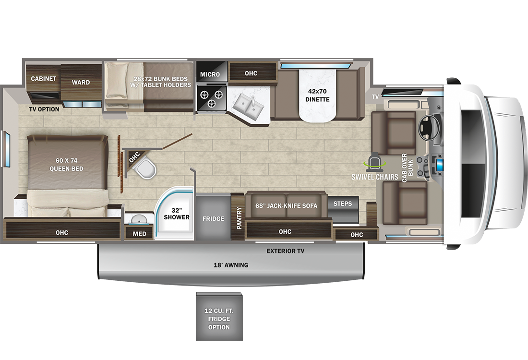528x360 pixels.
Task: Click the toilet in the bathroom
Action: point(144,168)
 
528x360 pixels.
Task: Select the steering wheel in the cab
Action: point(428,126)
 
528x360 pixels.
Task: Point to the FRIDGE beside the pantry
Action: point(213,218)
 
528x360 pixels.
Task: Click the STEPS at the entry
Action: point(343,204)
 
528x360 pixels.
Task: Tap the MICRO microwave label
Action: point(210,74)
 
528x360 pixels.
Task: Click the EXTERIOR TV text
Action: point(286,251)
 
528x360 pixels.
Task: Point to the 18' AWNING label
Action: point(231,265)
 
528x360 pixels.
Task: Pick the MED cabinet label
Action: point(139,234)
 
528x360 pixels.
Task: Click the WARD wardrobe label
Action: point(81,82)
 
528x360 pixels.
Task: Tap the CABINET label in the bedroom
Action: point(44,78)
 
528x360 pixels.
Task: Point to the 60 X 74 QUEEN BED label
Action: point(67,165)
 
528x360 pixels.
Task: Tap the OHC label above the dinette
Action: point(251,73)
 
